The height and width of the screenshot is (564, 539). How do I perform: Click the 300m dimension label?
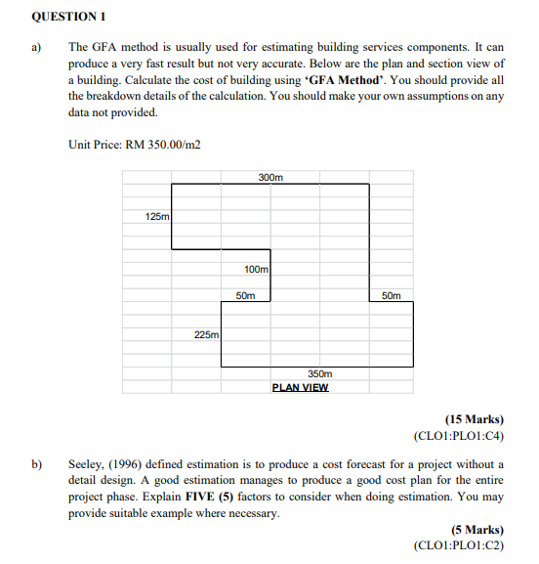[270, 177]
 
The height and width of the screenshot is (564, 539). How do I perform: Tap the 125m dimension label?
[156, 215]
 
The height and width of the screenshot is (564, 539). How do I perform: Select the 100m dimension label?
[257, 269]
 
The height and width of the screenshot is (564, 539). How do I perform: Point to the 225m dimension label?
[206, 334]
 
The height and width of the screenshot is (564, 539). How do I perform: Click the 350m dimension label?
[319, 374]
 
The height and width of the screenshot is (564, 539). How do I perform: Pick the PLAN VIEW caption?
[300, 387]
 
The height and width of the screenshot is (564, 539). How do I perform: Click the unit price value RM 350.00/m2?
[163, 145]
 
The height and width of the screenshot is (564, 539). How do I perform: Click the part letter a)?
[38, 45]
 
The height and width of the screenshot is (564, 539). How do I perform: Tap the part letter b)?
[38, 463]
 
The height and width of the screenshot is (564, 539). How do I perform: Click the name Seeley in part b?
[87, 463]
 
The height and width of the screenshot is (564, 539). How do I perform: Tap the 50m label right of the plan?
[390, 294]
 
